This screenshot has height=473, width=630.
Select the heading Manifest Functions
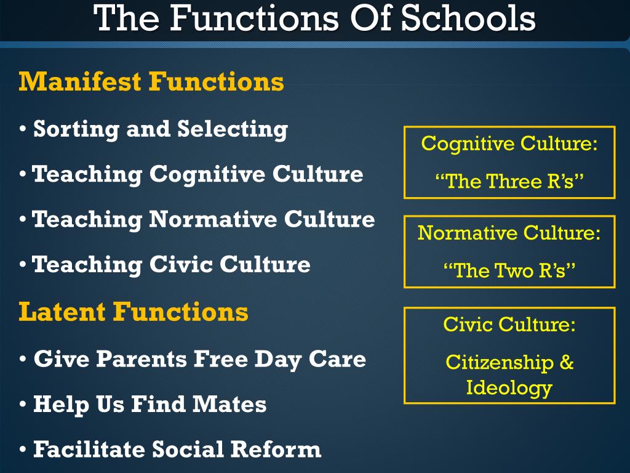point(151,81)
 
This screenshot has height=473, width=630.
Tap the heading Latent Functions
point(134,312)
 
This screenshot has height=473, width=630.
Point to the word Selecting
point(233,129)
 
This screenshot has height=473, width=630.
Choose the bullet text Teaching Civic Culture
point(171,265)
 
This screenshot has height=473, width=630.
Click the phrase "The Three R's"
point(509,181)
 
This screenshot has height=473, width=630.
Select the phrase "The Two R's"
point(509,270)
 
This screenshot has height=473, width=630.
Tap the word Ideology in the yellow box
point(509,388)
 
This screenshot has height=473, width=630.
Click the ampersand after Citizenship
point(566,362)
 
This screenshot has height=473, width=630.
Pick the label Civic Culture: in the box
point(509,325)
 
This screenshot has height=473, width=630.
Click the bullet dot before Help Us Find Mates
point(23,405)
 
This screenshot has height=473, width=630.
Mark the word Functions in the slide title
point(253,18)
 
